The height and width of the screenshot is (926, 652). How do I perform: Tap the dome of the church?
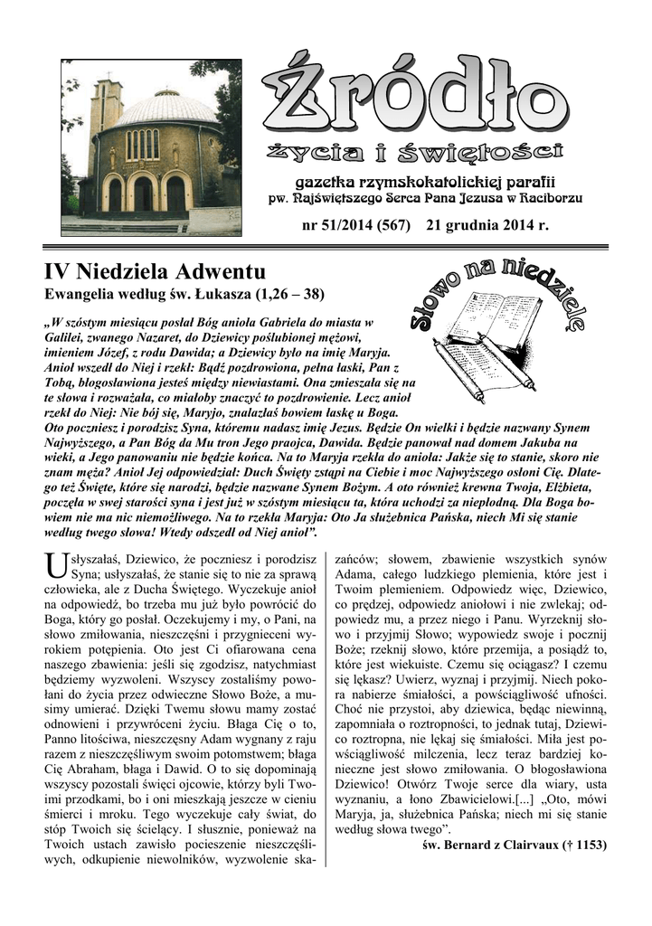pyautogui.click(x=167, y=109)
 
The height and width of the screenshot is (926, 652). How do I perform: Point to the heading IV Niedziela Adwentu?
pyautogui.click(x=154, y=271)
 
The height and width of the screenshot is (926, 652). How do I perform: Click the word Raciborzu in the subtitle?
pyautogui.click(x=545, y=196)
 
